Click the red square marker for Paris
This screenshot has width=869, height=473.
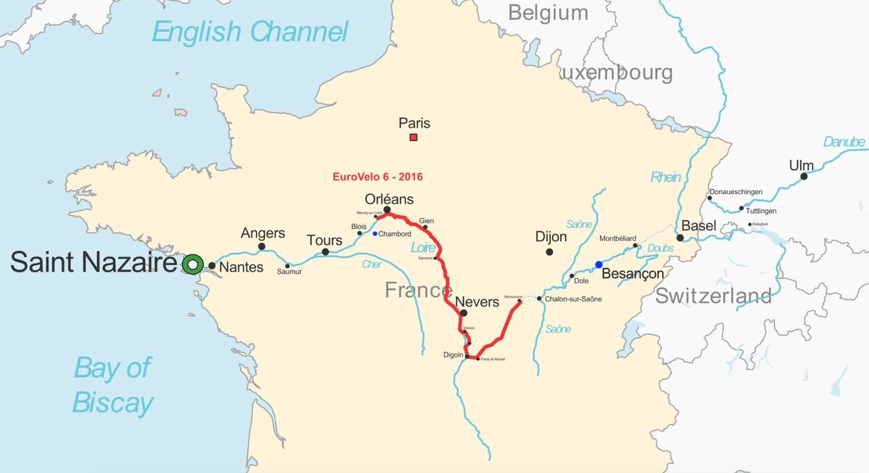tap(413, 138)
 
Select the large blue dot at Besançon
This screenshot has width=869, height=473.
tap(599, 265)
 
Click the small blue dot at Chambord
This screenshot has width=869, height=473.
tap(375, 234)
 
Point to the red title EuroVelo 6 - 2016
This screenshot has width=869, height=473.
tap(377, 177)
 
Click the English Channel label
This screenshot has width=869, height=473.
tap(250, 32)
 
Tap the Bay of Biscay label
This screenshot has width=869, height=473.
tap(113, 385)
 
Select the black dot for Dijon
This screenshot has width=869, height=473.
tap(549, 252)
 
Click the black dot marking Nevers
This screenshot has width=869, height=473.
tap(463, 314)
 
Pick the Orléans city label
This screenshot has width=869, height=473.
tap(389, 200)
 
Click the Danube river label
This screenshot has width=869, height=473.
tap(844, 142)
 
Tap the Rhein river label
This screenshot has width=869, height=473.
tap(665, 177)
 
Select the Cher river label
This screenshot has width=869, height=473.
tap(371, 264)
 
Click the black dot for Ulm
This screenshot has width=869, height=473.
tap(804, 176)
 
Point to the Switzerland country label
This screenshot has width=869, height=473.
tap(713, 296)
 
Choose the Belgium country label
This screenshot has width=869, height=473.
tap(548, 13)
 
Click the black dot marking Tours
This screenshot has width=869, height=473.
tap(325, 252)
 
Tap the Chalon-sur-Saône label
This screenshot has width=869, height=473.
tap(573, 299)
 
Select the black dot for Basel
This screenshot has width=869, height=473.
tap(680, 238)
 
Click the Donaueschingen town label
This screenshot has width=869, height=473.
tap(736, 192)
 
